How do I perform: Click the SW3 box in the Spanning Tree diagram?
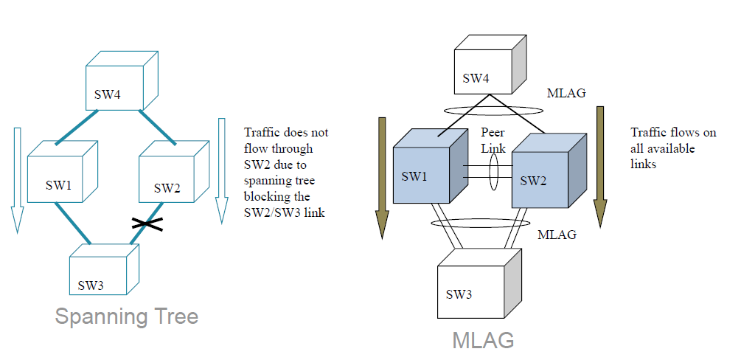click(x=103, y=269)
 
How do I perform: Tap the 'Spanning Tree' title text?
click(x=127, y=316)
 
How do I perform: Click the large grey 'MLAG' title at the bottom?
click(x=483, y=340)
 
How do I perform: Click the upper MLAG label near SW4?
click(x=567, y=94)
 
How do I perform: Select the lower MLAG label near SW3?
click(x=557, y=235)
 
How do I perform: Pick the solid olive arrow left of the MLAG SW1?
click(x=382, y=177)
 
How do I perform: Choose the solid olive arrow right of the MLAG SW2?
click(x=600, y=166)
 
